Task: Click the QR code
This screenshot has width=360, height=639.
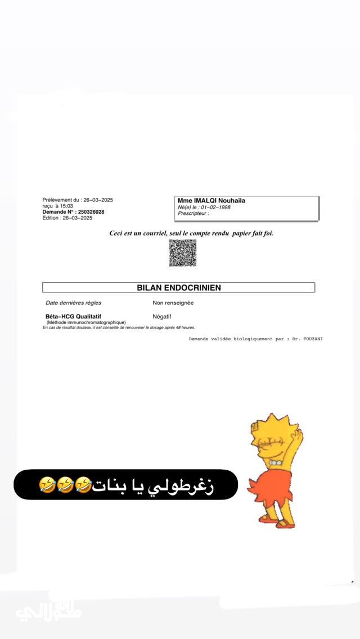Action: coord(183,253)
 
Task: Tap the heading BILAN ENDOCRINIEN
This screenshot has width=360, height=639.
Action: coord(179,287)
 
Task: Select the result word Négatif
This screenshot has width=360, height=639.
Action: coord(162,317)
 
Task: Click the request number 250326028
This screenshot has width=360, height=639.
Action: coord(91,212)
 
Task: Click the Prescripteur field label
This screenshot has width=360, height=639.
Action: coord(193,213)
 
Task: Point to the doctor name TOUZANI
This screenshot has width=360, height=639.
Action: coord(312,339)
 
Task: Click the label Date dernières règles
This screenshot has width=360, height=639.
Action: coord(73,303)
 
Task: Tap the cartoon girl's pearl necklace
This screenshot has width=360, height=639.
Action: coord(274,462)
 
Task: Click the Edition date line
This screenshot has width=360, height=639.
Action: coord(67,218)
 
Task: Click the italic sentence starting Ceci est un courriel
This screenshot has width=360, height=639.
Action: coord(191,233)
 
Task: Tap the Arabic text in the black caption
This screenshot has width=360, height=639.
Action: coord(155,485)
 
